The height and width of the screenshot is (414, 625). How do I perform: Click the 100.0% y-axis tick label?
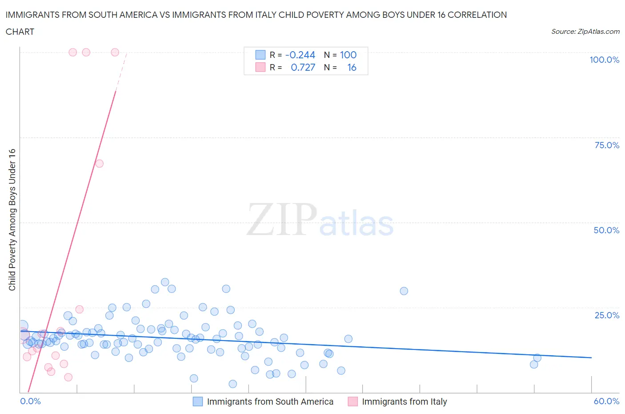(x=604, y=60)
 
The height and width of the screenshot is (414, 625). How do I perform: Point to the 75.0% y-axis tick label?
(x=607, y=145)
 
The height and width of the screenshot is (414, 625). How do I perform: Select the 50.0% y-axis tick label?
(x=606, y=230)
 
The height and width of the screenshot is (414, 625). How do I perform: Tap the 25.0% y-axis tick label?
(x=607, y=315)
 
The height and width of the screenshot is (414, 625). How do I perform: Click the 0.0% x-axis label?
(x=30, y=401)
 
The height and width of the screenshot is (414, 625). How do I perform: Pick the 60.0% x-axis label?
(x=606, y=401)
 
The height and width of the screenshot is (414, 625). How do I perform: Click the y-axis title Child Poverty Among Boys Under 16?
(x=12, y=219)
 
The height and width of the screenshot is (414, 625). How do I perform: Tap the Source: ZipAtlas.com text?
(x=585, y=31)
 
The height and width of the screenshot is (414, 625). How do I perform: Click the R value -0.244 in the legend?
(x=300, y=55)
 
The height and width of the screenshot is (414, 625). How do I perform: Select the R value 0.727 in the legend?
(x=303, y=67)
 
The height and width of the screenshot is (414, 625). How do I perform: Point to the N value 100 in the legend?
(x=348, y=55)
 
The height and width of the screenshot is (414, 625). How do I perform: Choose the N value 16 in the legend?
(x=352, y=67)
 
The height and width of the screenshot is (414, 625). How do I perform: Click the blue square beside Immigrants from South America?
(x=197, y=402)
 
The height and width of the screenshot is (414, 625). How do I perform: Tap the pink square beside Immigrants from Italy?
(x=353, y=402)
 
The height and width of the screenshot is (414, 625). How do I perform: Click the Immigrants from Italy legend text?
(x=404, y=402)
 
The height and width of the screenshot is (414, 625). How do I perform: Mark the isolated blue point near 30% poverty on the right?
(x=404, y=291)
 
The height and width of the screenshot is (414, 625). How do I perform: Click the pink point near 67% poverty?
(x=99, y=163)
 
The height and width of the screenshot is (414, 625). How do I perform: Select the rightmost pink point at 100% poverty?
(x=115, y=52)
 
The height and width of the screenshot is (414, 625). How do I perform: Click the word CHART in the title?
(x=20, y=32)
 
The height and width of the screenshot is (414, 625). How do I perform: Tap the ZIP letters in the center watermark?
(x=281, y=219)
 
